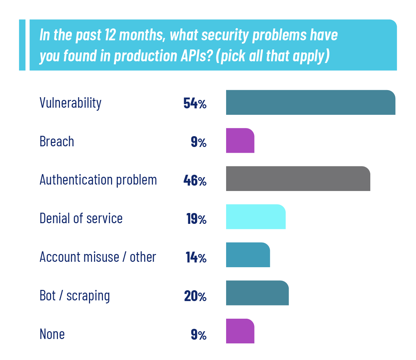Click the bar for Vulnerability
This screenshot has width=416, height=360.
(x=311, y=102)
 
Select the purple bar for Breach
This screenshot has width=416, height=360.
(x=240, y=141)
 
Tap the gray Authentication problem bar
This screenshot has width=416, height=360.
(x=298, y=178)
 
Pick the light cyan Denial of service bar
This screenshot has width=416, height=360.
(x=256, y=217)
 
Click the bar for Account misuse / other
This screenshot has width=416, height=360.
(x=248, y=255)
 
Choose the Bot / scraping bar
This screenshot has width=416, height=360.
(x=257, y=293)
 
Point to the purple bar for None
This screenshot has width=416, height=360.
(x=240, y=331)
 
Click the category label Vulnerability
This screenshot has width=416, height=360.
(x=70, y=103)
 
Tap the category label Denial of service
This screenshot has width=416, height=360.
(x=81, y=218)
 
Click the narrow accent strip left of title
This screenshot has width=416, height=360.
(x=22, y=45)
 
